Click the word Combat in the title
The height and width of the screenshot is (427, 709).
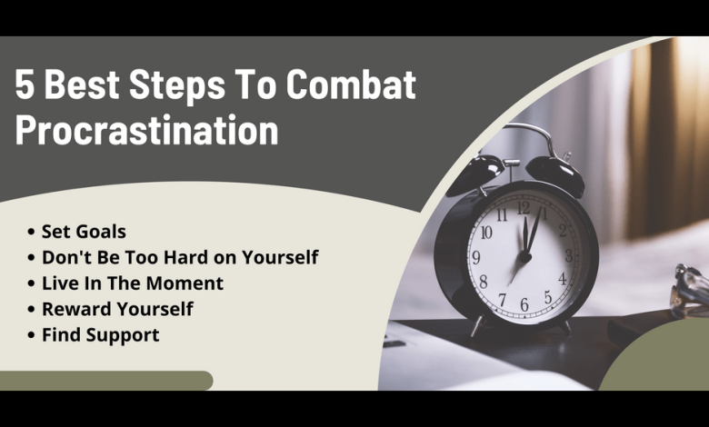click(x=351, y=84)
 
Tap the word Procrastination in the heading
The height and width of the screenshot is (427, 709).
click(x=146, y=130)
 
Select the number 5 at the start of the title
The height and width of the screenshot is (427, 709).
click(x=25, y=84)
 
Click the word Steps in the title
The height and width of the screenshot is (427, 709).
click(x=177, y=85)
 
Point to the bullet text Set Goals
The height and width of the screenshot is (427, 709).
click(x=84, y=232)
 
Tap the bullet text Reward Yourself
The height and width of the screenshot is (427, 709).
click(x=117, y=310)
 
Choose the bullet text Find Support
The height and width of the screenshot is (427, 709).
click(x=100, y=335)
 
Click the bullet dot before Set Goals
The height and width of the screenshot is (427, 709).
click(x=31, y=232)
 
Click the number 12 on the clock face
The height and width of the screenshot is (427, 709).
click(x=524, y=208)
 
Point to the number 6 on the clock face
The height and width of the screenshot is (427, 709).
click(x=524, y=304)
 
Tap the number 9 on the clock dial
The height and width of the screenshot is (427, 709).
click(x=475, y=257)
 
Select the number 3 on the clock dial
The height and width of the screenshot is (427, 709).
click(x=569, y=255)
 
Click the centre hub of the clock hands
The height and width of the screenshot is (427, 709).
click(x=525, y=257)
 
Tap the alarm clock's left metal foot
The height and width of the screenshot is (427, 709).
click(x=479, y=325)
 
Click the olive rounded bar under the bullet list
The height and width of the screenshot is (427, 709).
click(x=106, y=381)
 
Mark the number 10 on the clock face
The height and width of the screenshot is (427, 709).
click(x=486, y=233)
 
